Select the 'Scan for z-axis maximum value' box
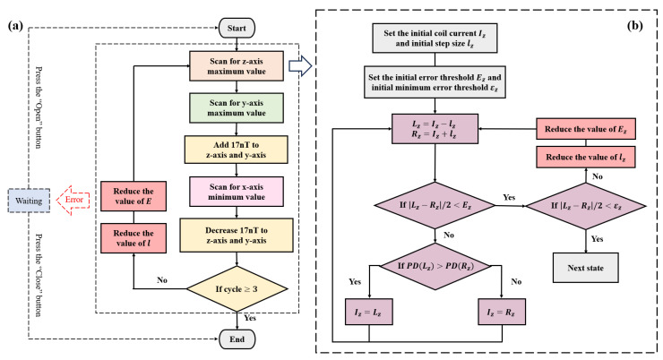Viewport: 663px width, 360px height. [x=235, y=68]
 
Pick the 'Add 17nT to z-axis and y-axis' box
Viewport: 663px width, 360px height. [x=235, y=155]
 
